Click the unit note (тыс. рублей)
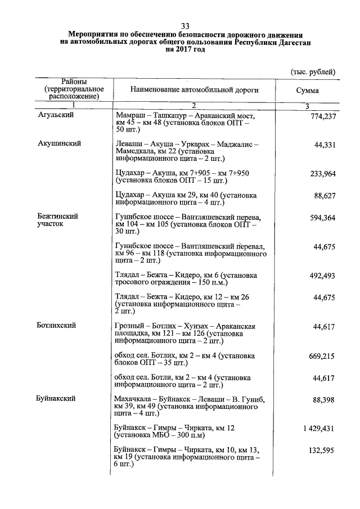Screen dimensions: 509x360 [313, 72]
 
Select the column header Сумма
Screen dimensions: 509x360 [307, 91]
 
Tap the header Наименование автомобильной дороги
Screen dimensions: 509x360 [195, 90]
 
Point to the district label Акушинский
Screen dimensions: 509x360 [58, 143]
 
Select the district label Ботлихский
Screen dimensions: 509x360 [56, 325]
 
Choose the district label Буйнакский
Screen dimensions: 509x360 [57, 399]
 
